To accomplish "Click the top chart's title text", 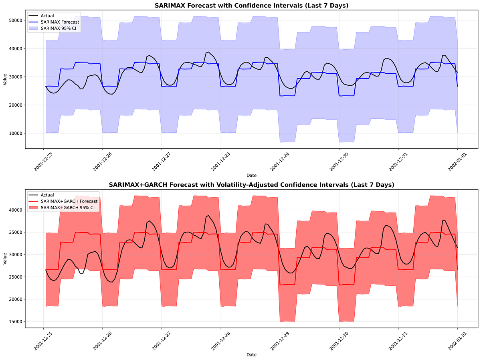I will click(251, 5).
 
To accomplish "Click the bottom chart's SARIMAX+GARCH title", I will click(251, 185).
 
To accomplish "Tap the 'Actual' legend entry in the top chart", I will click(47, 16).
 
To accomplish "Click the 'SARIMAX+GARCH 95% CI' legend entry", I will click(67, 208).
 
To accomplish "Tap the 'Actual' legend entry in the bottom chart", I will click(47, 195).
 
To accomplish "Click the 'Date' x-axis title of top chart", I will click(251, 175).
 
